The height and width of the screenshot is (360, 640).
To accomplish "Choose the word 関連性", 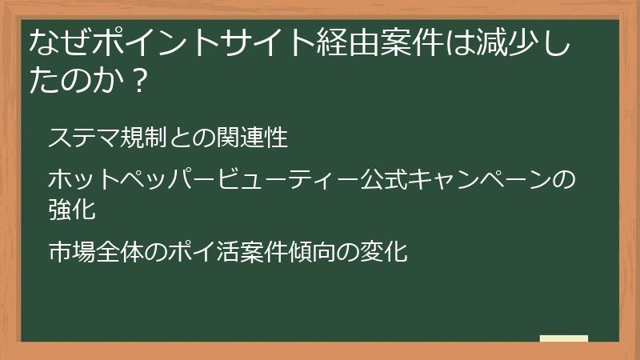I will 251,138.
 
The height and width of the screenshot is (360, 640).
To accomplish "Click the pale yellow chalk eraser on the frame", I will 564,339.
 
